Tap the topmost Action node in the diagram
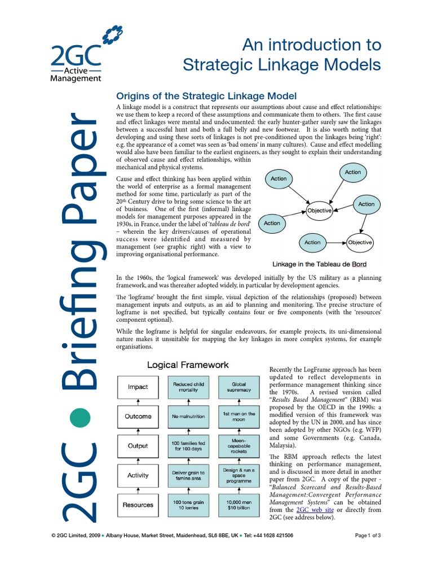pyautogui.click(x=352, y=172)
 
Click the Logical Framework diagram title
pyautogui.click(x=188, y=365)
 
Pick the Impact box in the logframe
pyautogui.click(x=138, y=387)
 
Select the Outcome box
pyautogui.click(x=138, y=417)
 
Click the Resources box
pyautogui.click(x=138, y=505)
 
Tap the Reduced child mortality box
pyautogui.click(x=189, y=387)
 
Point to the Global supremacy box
pyautogui.click(x=239, y=387)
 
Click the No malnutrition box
pyautogui.click(x=189, y=417)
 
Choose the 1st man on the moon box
pyautogui.click(x=239, y=417)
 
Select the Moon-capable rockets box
pyautogui.click(x=239, y=446)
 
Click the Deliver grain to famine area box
pyautogui.click(x=189, y=475)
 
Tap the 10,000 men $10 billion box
pyautogui.click(x=239, y=505)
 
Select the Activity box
pyautogui.click(x=138, y=475)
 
